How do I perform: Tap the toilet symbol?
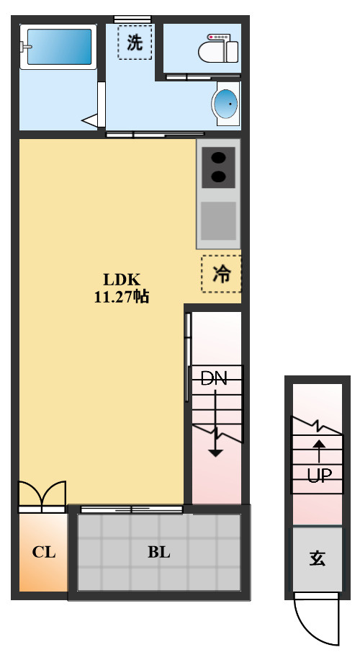[x=219, y=49]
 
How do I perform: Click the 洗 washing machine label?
[x=135, y=42]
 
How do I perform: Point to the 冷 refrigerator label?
[x=221, y=274]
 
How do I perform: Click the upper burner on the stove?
[x=218, y=159]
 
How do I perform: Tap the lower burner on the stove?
[x=218, y=177]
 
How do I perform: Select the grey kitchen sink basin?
[x=218, y=221]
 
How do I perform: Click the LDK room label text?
[x=122, y=279]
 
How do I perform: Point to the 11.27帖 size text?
[x=121, y=297]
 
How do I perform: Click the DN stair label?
[x=214, y=378]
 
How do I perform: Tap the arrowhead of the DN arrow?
[x=216, y=453]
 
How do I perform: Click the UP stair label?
[x=319, y=476]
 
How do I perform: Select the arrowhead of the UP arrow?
[x=320, y=444]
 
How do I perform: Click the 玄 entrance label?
[x=317, y=558]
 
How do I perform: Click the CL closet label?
[x=44, y=552]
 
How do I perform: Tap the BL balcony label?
[x=158, y=552]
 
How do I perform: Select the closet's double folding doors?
[x=42, y=496]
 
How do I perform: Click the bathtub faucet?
[x=24, y=47]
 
